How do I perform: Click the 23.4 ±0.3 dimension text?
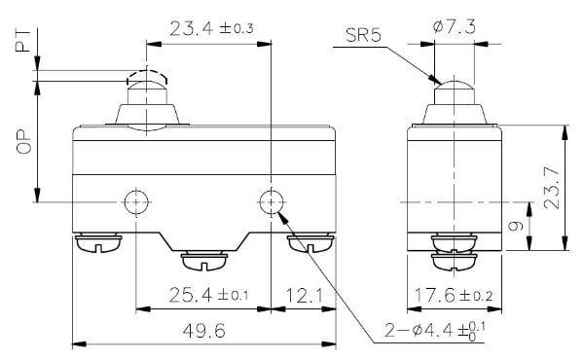pos(211,28)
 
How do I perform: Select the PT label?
pos(23,41)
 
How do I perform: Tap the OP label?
pos(23,142)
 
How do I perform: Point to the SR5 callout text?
pos(363,35)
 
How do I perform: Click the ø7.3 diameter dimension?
pos(454,27)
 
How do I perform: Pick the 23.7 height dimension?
pos(552,188)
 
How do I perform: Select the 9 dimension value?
pos(516,226)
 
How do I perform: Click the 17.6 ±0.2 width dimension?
pos(454,295)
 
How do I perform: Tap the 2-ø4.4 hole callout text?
pos(435,331)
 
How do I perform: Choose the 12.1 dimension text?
pos(305,296)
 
